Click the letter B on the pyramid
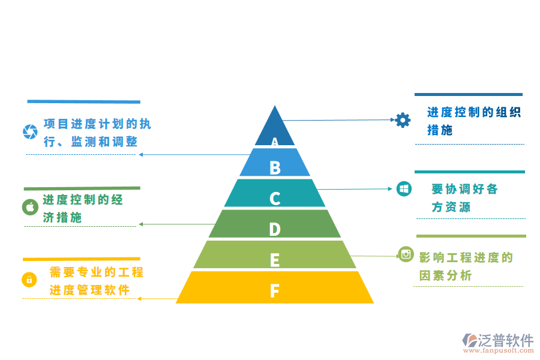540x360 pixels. pyautogui.click(x=275, y=167)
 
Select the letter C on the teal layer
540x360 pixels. pyautogui.click(x=275, y=198)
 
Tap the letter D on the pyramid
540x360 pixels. pyautogui.click(x=275, y=229)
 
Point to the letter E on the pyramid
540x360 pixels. pyautogui.click(x=275, y=260)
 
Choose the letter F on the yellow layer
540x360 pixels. pyautogui.click(x=274, y=291)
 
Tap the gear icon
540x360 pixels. pyautogui.click(x=403, y=120)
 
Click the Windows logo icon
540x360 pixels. pyautogui.click(x=404, y=189)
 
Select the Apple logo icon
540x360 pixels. pyautogui.click(x=30, y=207)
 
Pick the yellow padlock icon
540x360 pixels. pyautogui.click(x=29, y=279)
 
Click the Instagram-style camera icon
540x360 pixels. pyautogui.click(x=406, y=254)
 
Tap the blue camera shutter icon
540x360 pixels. pyautogui.click(x=30, y=131)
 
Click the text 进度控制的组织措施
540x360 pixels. pyautogui.click(x=473, y=121)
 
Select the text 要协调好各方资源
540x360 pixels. pyautogui.click(x=464, y=197)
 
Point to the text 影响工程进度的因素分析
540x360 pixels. pyautogui.click(x=466, y=266)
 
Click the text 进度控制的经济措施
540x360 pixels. pyautogui.click(x=82, y=208)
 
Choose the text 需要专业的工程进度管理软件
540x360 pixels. pyautogui.click(x=96, y=281)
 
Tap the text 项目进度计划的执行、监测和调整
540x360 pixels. pyautogui.click(x=97, y=133)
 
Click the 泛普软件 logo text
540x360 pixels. pyautogui.click(x=505, y=340)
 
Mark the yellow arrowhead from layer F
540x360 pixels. pyautogui.click(x=140, y=298)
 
